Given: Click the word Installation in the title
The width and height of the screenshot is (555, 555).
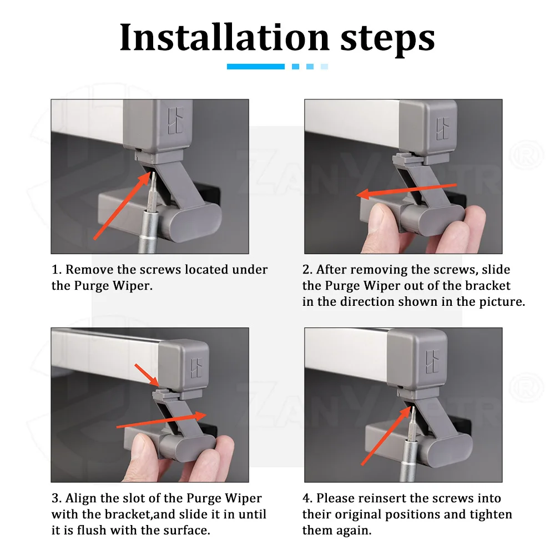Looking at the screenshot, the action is [224, 37].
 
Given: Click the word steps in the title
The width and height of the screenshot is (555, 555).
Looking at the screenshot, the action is [387, 39].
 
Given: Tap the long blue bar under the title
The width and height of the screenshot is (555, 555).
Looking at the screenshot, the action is [255, 67].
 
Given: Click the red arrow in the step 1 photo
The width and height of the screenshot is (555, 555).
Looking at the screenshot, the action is [122, 206].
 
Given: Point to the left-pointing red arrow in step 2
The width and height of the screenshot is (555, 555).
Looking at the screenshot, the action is [406, 190].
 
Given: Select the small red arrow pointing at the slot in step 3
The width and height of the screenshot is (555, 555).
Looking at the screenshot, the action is [147, 375].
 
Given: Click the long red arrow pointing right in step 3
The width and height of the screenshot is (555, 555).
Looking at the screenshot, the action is [162, 420].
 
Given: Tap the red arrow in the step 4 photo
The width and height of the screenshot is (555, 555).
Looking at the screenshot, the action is [386, 436].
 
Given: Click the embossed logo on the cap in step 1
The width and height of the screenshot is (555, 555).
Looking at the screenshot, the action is [175, 120].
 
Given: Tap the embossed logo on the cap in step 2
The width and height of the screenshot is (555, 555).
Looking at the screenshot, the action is [442, 128].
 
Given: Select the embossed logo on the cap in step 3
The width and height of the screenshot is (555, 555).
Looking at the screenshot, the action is [196, 368].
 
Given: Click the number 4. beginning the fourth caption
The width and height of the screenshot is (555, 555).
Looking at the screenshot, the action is [307, 498].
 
